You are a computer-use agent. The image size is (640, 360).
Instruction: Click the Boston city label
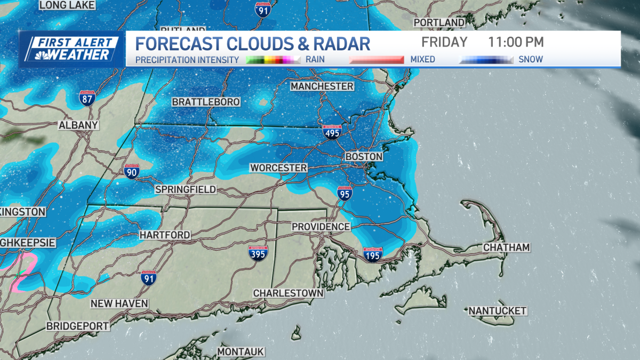tap(364, 157)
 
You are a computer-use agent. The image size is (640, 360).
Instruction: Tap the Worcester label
tap(278, 168)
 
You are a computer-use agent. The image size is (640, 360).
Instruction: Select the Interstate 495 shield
tap(331, 131)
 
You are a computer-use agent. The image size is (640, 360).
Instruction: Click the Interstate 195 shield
tap(372, 254)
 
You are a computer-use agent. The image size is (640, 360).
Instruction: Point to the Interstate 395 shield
tap(258, 253)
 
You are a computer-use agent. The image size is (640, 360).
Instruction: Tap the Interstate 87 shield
tap(87, 98)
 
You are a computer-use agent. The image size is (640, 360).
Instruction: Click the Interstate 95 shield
tap(345, 194)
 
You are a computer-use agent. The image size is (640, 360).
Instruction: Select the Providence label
tap(321, 227)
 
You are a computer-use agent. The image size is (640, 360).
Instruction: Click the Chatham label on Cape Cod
tap(506, 247)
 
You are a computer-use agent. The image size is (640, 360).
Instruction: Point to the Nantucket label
tap(497, 310)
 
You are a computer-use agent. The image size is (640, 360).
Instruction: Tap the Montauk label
tap(241, 352)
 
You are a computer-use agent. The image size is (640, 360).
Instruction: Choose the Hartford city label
tap(164, 235)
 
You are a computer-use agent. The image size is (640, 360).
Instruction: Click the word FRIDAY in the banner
tap(444, 42)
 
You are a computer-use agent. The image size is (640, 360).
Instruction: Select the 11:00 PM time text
tap(516, 42)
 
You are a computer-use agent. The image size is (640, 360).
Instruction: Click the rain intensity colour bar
tap(274, 60)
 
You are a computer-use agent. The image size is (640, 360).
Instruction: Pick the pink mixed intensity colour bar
tap(376, 60)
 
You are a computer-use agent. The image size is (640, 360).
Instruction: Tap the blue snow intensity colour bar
tap(486, 60)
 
